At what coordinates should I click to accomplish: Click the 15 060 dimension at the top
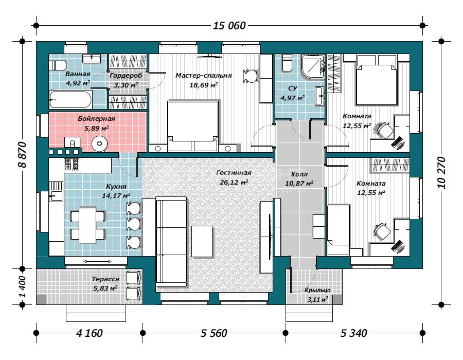pyautogui.click(x=229, y=26)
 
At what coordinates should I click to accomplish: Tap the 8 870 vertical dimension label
pyautogui.click(x=23, y=155)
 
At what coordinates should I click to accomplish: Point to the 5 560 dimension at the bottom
pyautogui.click(x=214, y=333)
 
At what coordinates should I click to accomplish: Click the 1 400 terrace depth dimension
pyautogui.click(x=23, y=287)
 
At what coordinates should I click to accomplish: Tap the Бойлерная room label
pyautogui.click(x=96, y=119)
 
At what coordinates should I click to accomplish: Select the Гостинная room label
pyautogui.click(x=234, y=173)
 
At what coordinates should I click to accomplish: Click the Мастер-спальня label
pyautogui.click(x=203, y=76)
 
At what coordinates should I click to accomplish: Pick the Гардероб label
pyautogui.click(x=126, y=76)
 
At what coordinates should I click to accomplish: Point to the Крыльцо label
pyautogui.click(x=317, y=291)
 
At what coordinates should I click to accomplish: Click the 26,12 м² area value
pyautogui.click(x=234, y=183)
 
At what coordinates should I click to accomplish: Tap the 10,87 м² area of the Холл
pyautogui.click(x=299, y=183)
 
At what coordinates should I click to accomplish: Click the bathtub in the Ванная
pyautogui.click(x=70, y=99)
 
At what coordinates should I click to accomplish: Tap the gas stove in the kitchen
pyautogui.click(x=72, y=165)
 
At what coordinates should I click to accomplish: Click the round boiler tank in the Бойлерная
pyautogui.click(x=99, y=144)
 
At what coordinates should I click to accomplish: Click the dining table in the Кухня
pyautogui.click(x=87, y=225)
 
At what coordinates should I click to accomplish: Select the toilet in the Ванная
pyautogui.click(x=57, y=65)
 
